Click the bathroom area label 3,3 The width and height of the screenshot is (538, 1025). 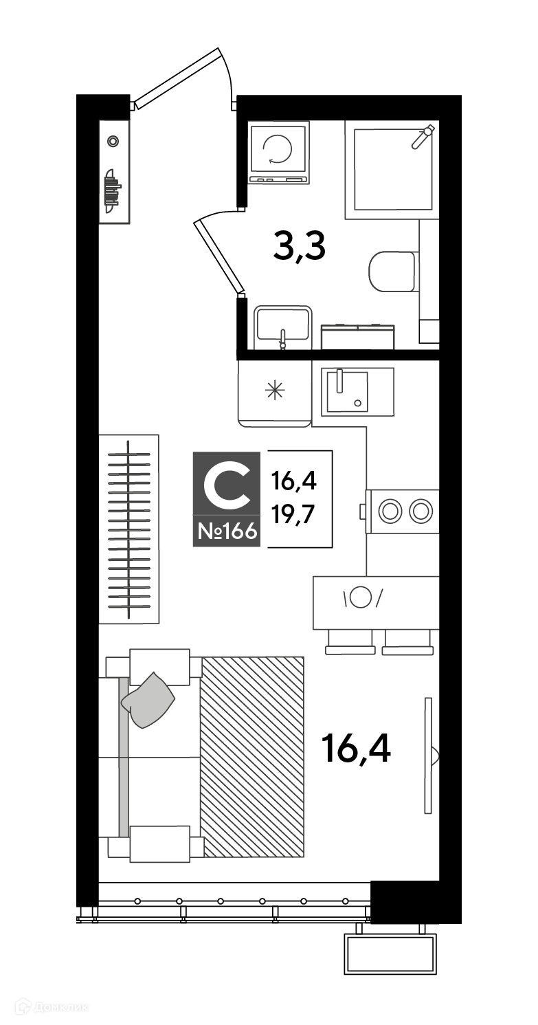click(299, 247)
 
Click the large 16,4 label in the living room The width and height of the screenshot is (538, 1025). click(357, 748)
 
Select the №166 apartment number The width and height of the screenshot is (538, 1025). click(227, 532)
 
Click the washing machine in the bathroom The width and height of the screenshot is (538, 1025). click(278, 153)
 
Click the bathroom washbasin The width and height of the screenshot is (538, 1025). click(283, 325)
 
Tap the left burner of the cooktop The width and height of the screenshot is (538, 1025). click(390, 511)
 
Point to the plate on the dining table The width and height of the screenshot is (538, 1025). click(361, 597)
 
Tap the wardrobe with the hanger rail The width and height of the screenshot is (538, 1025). click(129, 529)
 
